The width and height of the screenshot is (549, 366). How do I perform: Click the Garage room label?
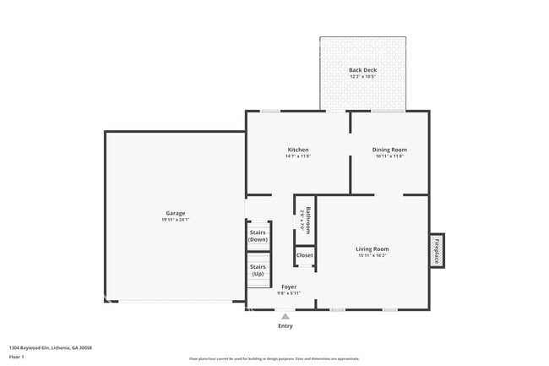click(175, 213)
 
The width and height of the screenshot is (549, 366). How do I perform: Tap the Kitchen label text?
click(297, 150)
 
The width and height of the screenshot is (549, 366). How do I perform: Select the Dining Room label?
click(389, 150)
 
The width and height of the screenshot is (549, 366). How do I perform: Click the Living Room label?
click(372, 249)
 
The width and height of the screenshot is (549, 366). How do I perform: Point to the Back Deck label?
click(362, 70)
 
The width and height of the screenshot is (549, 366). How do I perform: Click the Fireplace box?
click(437, 251)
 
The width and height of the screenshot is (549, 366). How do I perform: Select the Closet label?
click(304, 255)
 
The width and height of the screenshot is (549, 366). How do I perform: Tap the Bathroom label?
click(308, 220)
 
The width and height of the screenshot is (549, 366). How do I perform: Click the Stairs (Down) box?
click(258, 236)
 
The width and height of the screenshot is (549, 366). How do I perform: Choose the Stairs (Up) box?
click(258, 270)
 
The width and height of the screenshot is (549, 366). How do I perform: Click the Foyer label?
click(289, 287)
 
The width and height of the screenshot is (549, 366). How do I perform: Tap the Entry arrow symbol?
click(285, 317)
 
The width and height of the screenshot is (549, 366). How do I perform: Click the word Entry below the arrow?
click(285, 326)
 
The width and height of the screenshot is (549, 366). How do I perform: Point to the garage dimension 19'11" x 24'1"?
click(175, 220)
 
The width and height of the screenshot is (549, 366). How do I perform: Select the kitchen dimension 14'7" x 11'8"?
click(297, 156)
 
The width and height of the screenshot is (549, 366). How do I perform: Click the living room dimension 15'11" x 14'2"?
click(372, 255)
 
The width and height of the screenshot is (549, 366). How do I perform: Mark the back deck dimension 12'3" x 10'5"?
click(362, 77)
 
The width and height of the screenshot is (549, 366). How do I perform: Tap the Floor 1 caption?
click(18, 357)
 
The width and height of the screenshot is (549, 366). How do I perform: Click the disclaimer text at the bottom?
click(274, 359)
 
